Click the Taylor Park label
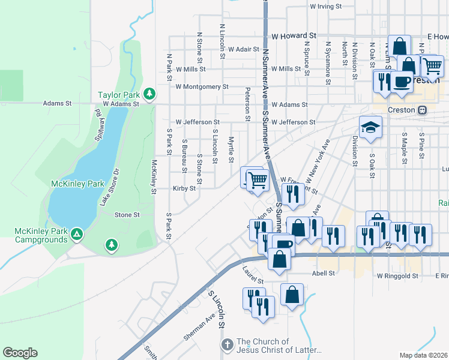tap(119, 95)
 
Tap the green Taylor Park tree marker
tap(149, 94)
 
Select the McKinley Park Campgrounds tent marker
tap(76, 233)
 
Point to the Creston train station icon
tap(423, 110)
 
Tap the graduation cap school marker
tap(370, 127)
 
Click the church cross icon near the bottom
tap(227, 344)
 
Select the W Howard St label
tap(294, 36)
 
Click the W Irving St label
tap(325, 7)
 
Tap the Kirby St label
tap(184, 188)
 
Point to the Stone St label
tap(127, 215)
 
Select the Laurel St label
tap(254, 280)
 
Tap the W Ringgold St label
tap(397, 276)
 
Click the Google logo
tap(20, 353)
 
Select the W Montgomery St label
tap(202, 86)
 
